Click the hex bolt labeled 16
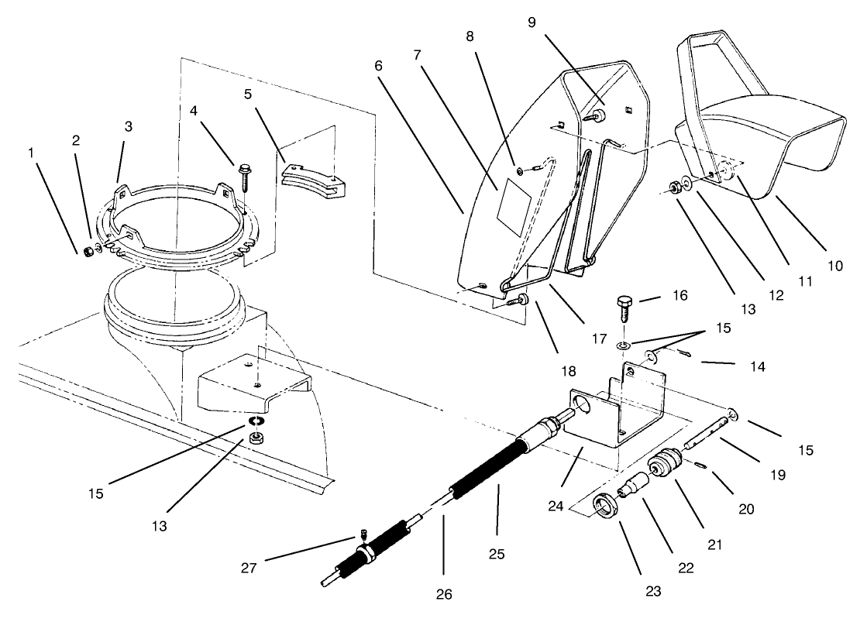click(625, 308)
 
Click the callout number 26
click(443, 594)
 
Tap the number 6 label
click(378, 66)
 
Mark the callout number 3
click(129, 125)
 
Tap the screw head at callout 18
click(522, 299)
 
